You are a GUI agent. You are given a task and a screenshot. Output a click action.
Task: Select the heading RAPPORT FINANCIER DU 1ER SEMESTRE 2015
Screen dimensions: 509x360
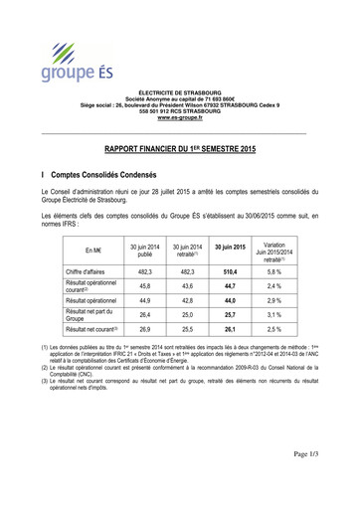pyautogui.click(x=180, y=144)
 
